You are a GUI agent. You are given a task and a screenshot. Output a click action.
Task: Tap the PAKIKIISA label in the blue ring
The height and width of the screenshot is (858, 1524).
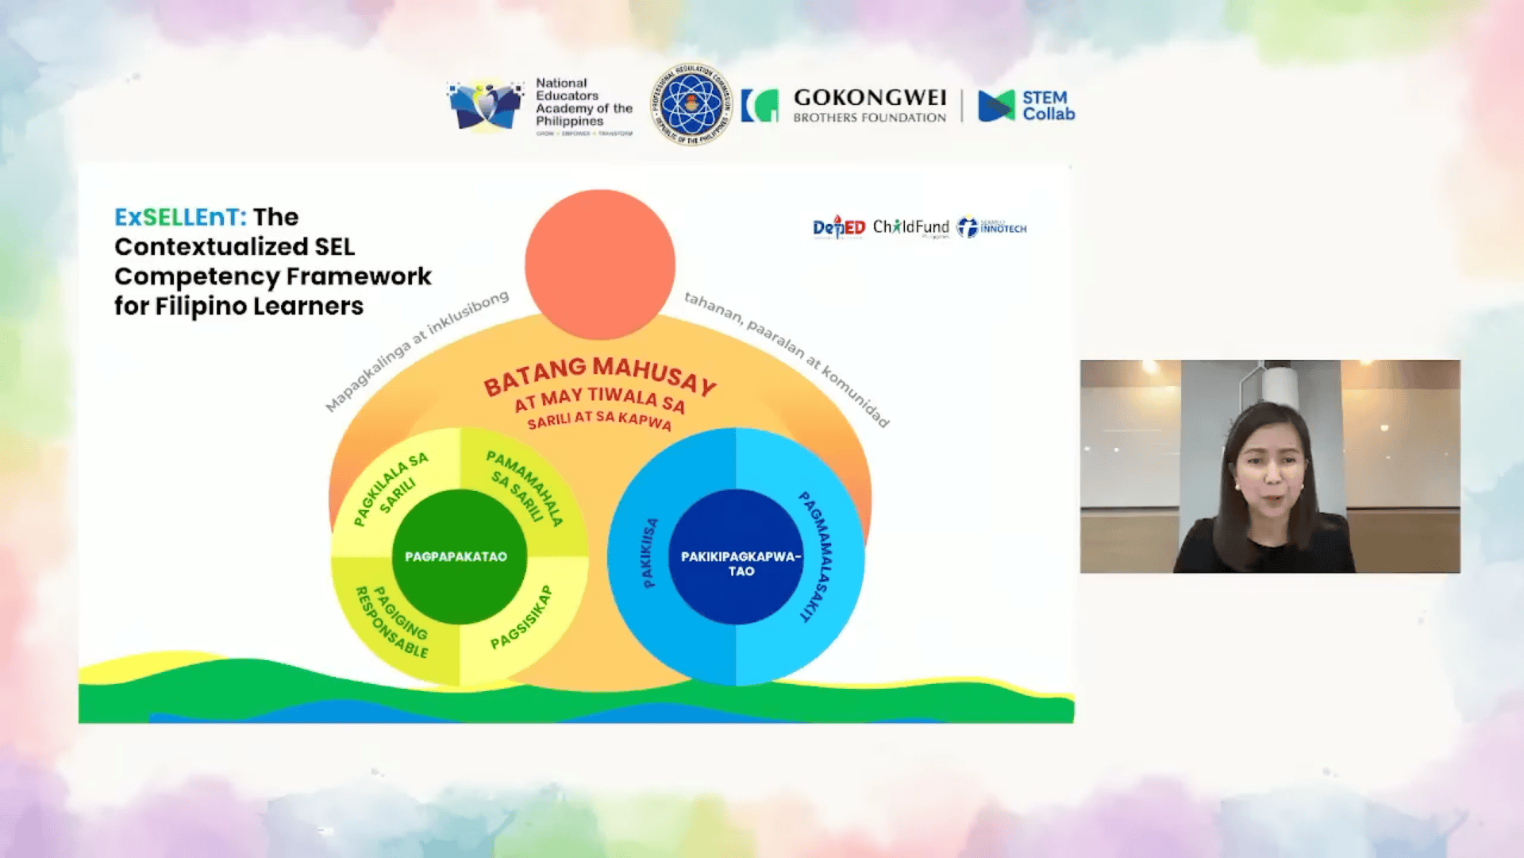click(x=649, y=553)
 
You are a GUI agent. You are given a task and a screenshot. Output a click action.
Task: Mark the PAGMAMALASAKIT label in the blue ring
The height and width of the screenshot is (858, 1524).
click(x=818, y=555)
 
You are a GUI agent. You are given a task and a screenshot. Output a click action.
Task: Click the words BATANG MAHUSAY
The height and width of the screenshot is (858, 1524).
click(x=599, y=375)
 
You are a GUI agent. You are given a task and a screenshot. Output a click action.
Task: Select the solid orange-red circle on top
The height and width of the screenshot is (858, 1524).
click(x=600, y=264)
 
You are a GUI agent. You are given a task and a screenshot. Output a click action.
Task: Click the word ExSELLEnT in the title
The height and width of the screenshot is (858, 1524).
click(x=180, y=217)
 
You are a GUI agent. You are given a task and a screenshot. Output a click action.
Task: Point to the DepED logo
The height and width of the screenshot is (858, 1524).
click(x=838, y=228)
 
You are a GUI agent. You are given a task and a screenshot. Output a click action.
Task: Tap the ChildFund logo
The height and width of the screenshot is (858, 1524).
click(x=910, y=228)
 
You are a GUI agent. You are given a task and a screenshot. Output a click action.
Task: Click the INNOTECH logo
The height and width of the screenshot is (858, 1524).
click(x=992, y=228)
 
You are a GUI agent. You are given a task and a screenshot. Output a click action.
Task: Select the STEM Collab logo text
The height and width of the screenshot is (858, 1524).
click(x=1047, y=106)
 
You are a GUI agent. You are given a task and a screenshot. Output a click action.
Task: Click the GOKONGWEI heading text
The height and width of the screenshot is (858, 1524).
click(x=869, y=98)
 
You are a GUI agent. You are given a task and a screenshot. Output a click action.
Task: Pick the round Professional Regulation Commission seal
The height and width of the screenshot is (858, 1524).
click(x=691, y=105)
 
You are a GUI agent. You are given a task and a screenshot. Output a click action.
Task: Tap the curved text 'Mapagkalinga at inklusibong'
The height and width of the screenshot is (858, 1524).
click(x=416, y=351)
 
